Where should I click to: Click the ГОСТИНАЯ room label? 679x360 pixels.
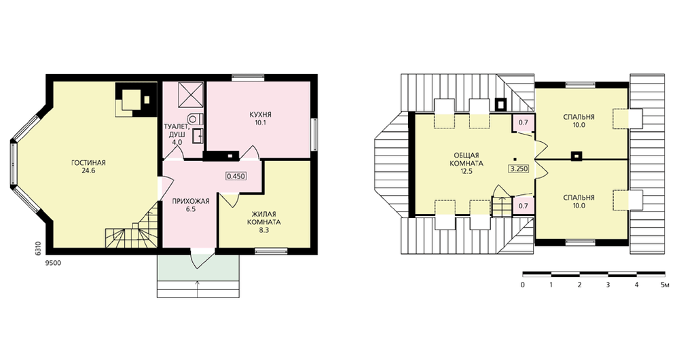coord(88,163)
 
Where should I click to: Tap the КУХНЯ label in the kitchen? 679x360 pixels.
coord(260,115)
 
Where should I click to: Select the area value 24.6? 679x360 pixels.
coord(88,171)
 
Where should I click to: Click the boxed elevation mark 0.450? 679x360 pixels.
coord(236,176)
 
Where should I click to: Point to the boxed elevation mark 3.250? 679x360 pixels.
coord(518,168)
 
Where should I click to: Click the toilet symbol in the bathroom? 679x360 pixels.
coord(196,118)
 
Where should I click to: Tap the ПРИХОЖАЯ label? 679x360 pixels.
coord(191,201)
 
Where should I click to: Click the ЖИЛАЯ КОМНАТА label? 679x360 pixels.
coord(263,218)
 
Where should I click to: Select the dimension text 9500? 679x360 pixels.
coord(53,262)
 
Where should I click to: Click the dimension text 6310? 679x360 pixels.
coord(39,248)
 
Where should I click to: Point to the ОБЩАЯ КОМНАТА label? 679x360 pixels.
coord(466,159)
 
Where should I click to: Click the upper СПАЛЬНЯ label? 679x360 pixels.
coord(579,117)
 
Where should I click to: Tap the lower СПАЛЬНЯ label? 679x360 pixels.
coord(579,198)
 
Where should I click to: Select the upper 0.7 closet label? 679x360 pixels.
coord(523,122)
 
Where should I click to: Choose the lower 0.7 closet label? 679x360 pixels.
coord(523,206)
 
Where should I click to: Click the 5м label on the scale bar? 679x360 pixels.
coord(665,285)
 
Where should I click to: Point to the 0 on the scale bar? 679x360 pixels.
coord(523,285)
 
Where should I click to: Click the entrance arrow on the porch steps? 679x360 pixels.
coord(198,289)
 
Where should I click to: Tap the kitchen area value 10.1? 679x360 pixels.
coord(260,123)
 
